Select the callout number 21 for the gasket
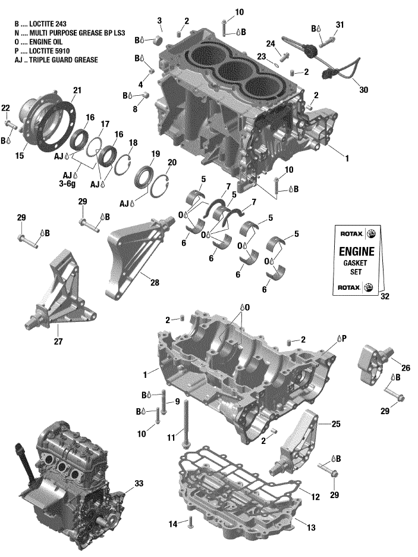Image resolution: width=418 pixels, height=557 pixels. pyautogui.click(x=76, y=90)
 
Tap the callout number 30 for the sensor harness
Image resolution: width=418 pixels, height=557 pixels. pyautogui.click(x=363, y=90)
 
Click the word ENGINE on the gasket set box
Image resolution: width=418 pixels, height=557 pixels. pyautogui.click(x=357, y=250)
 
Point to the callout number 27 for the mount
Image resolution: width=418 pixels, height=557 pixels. pyautogui.click(x=58, y=342)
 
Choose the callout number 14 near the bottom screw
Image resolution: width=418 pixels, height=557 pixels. pyautogui.click(x=172, y=524)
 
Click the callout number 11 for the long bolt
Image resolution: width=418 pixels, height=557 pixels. pyautogui.click(x=171, y=437)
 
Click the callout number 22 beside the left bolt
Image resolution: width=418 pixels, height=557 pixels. pyautogui.click(x=5, y=108)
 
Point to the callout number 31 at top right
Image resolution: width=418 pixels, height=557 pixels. pyautogui.click(x=340, y=24)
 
